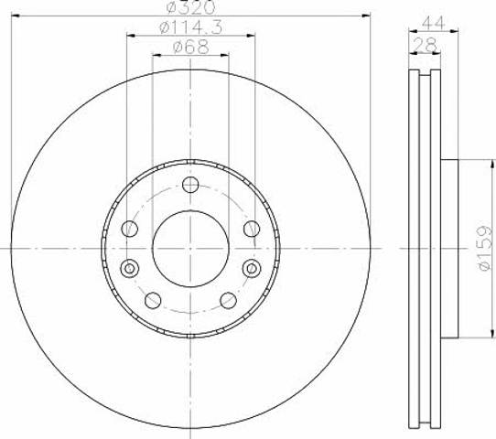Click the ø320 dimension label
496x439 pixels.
pos(190,7)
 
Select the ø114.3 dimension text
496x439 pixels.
pos(190,27)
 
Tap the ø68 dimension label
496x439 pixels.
pos(190,47)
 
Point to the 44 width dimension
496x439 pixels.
pos(434,23)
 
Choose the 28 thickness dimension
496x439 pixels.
pos(425,45)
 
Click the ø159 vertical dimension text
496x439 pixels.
pos(486,248)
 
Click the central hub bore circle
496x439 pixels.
pos(190,249)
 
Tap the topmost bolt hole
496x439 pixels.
pos(190,185)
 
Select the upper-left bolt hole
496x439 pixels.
pos(129,229)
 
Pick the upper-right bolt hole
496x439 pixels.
pos(252,229)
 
